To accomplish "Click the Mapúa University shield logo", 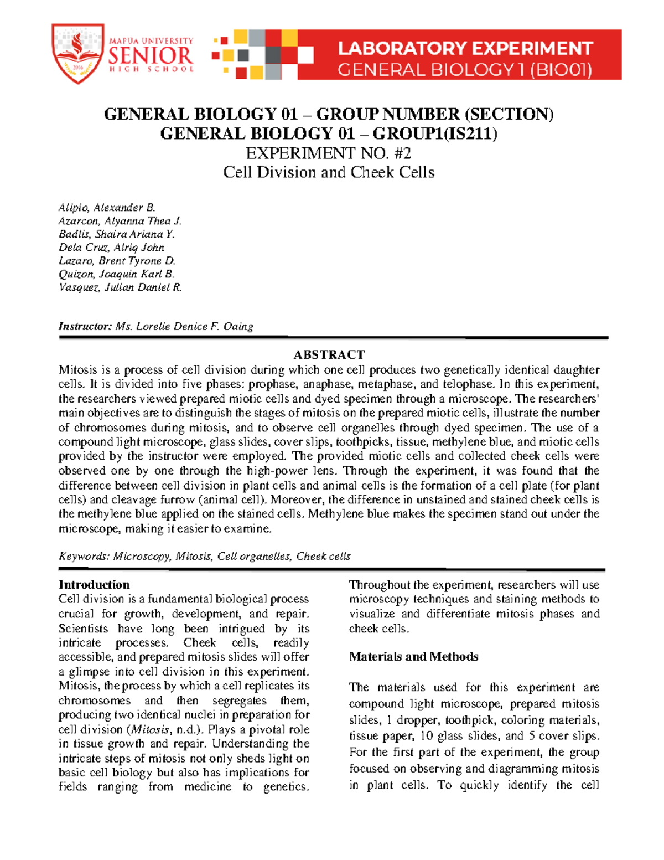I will [77, 54].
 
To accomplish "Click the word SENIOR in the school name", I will [151, 56].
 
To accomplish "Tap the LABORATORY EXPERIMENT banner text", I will [465, 49].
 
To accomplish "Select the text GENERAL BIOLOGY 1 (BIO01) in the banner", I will [465, 70].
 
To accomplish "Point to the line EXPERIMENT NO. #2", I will [329, 153].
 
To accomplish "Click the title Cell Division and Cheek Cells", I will [329, 172].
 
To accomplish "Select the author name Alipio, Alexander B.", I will [107, 208].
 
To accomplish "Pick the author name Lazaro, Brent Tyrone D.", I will [117, 261].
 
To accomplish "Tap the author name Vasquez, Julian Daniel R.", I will [120, 287].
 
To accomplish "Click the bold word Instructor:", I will [85, 326].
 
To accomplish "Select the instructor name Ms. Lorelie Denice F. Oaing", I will [184, 326].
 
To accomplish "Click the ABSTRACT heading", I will [329, 354].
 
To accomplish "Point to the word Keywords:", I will [84, 556].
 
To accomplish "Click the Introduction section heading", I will [94, 585].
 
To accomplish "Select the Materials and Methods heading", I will [413, 657].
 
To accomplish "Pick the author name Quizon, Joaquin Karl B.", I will [116, 274].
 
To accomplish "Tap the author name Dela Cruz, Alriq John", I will [111, 248].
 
